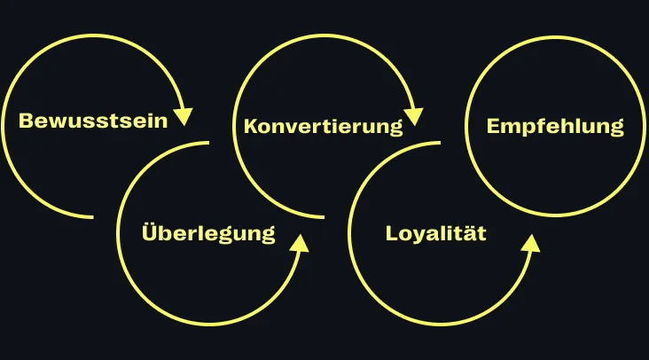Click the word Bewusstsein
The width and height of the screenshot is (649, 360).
(x=93, y=121)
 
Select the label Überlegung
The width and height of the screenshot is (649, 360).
(x=208, y=234)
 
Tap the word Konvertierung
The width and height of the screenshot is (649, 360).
(x=323, y=126)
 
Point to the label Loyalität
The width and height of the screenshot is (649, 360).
(x=436, y=234)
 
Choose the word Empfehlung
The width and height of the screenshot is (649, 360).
(x=555, y=126)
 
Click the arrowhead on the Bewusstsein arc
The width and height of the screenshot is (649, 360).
(x=184, y=116)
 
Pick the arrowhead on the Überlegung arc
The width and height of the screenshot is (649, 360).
(x=300, y=243)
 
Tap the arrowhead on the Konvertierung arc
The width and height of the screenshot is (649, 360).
(x=413, y=116)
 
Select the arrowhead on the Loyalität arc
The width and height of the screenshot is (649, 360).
(x=530, y=243)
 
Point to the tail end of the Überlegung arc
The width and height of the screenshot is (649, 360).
(x=208, y=142)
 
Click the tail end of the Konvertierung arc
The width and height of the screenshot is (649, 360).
(x=323, y=216)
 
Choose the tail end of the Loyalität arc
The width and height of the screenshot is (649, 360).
(x=440, y=142)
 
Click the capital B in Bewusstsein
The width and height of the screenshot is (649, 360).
(x=26, y=121)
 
